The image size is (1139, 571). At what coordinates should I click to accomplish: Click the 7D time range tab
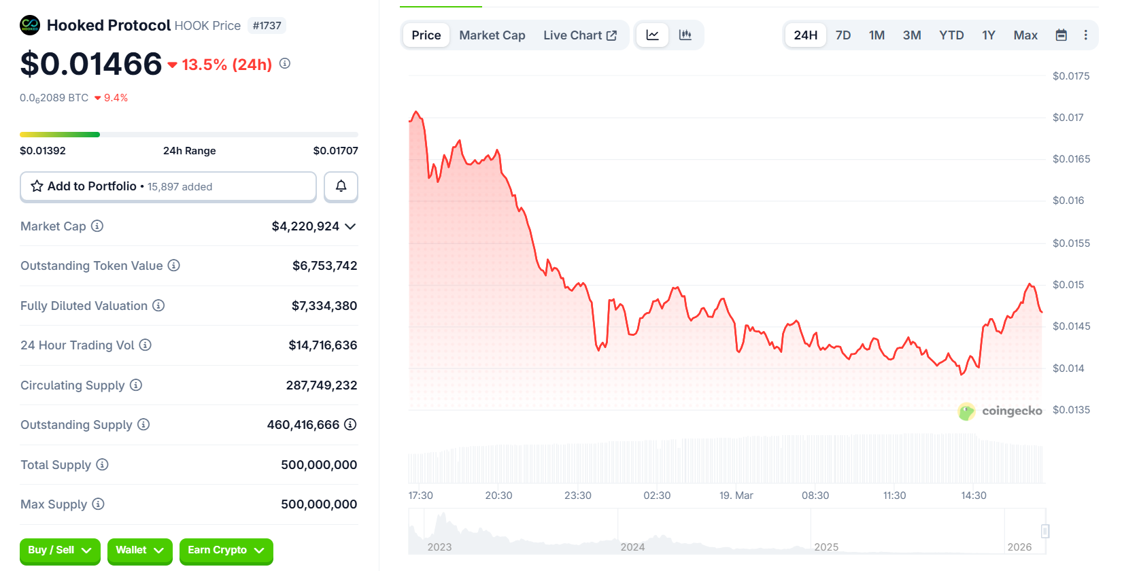coord(843,35)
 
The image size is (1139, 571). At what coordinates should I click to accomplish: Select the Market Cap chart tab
coord(492,35)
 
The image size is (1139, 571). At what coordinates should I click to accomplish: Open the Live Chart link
coord(579,35)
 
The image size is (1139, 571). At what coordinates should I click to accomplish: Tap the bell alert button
coord(341,186)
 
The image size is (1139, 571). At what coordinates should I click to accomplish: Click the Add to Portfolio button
coord(168,186)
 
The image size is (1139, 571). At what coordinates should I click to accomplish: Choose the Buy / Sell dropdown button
coord(60,550)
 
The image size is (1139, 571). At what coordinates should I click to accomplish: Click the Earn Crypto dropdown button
coord(226,550)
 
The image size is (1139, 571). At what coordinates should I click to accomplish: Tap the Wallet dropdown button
coord(139,550)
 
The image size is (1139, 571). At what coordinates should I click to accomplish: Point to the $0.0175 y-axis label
coord(1070,76)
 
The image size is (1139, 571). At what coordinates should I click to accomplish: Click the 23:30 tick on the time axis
coord(577,496)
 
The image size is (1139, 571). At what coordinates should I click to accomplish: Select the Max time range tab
coord(1025,35)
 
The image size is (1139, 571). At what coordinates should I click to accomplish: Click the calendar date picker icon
coord(1061,35)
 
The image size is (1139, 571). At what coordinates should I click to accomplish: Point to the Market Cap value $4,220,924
coord(305,226)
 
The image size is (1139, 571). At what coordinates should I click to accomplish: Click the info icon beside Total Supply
coord(102,464)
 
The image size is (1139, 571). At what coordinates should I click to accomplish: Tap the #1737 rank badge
coord(267,26)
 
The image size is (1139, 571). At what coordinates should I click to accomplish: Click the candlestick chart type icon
coord(685,35)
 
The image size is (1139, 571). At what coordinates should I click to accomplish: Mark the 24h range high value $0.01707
coord(335,151)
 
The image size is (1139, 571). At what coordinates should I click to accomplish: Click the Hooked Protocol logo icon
coord(30,26)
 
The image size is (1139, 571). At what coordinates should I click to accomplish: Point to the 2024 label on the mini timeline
coord(632,547)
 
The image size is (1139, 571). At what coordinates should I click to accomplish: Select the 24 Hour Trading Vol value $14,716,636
coord(322,345)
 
